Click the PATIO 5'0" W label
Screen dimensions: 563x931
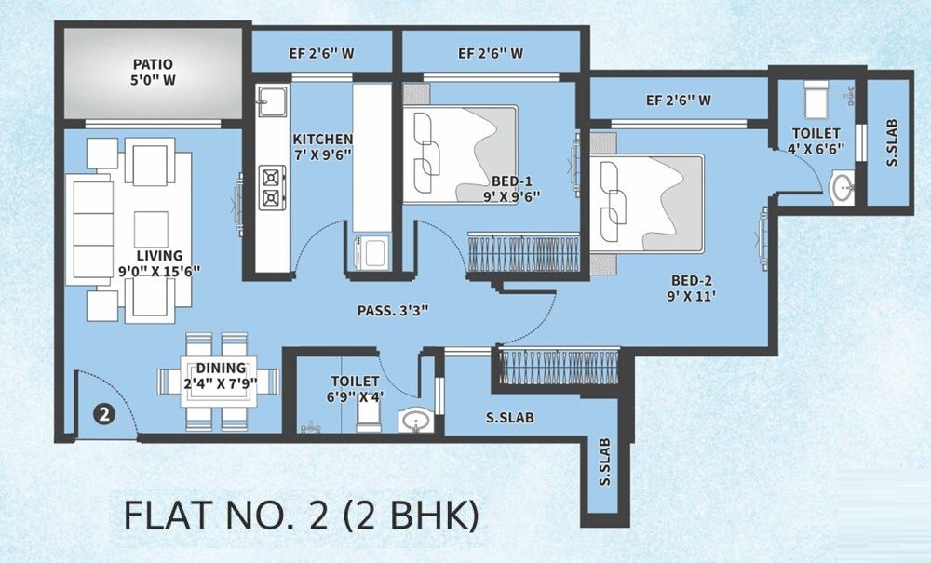154,72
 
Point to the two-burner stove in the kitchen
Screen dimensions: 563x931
272,184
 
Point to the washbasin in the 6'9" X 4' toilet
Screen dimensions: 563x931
416,422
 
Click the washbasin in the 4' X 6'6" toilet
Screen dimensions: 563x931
844,185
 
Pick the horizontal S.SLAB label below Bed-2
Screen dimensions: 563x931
509,418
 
